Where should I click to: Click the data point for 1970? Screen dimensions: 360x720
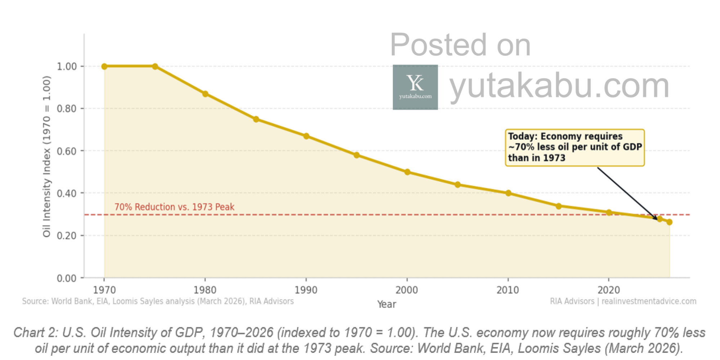pyautogui.click(x=104, y=67)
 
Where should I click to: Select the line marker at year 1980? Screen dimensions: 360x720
pyautogui.click(x=205, y=94)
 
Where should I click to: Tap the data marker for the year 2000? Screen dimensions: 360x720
pyautogui.click(x=407, y=172)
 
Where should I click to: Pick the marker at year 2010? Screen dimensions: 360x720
pyautogui.click(x=508, y=193)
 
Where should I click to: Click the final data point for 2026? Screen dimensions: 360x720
pyautogui.click(x=669, y=222)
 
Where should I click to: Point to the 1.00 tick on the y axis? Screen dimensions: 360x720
pyautogui.click(x=67, y=67)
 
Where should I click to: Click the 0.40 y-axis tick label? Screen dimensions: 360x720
pyautogui.click(x=67, y=193)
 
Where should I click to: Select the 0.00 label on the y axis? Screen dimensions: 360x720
pyautogui.click(x=67, y=278)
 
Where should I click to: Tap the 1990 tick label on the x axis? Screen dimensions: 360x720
pyautogui.click(x=306, y=290)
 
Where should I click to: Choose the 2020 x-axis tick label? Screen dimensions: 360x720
pyautogui.click(x=609, y=290)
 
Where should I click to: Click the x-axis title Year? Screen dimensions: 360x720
pyautogui.click(x=387, y=305)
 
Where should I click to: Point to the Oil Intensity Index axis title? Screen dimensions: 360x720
pyautogui.click(x=47, y=157)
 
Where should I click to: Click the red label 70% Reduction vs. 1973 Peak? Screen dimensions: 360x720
pyautogui.click(x=174, y=207)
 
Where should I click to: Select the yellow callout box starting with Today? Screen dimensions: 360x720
pyautogui.click(x=575, y=147)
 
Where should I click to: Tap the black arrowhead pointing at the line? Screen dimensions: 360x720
pyautogui.click(x=656, y=218)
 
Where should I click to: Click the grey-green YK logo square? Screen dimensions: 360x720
pyautogui.click(x=415, y=87)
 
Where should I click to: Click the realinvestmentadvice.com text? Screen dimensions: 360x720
pyautogui.click(x=649, y=301)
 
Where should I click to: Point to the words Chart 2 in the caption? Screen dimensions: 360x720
pyautogui.click(x=35, y=333)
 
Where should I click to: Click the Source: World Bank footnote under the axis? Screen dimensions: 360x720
pyautogui.click(x=158, y=301)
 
